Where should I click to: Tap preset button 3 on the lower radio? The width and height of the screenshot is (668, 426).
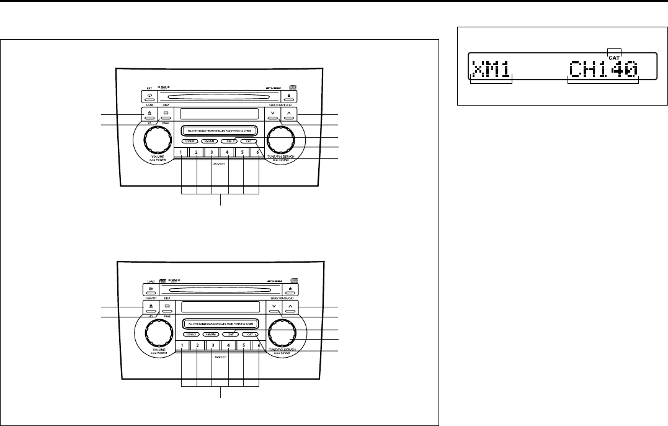[x=212, y=344]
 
